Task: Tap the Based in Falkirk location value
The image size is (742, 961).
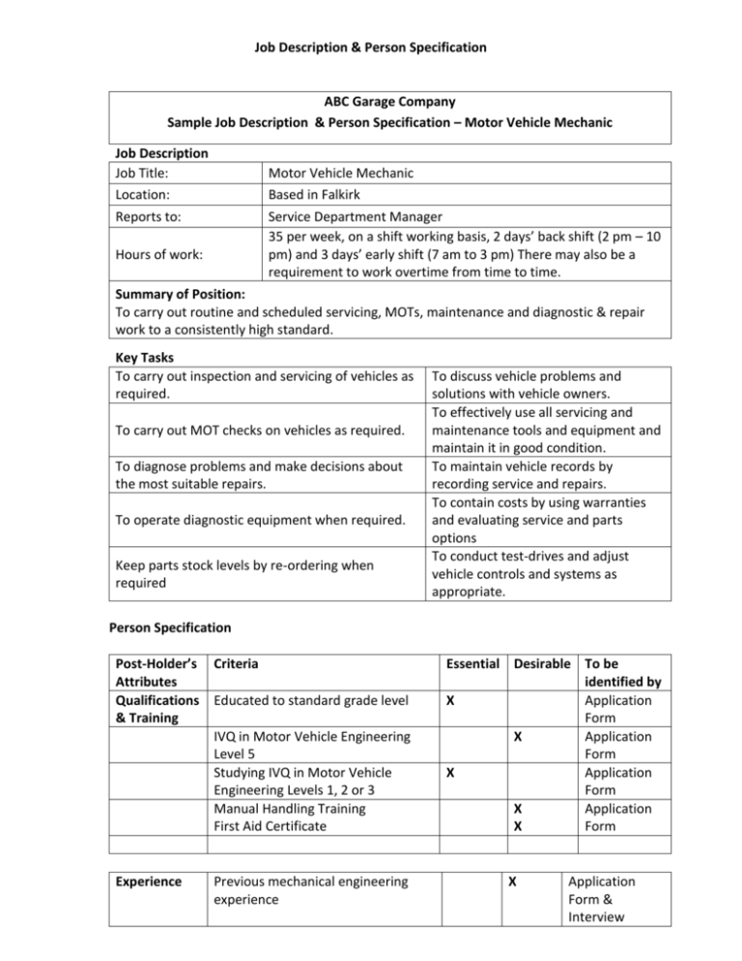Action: click(317, 194)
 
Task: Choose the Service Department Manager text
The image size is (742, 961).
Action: click(356, 218)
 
